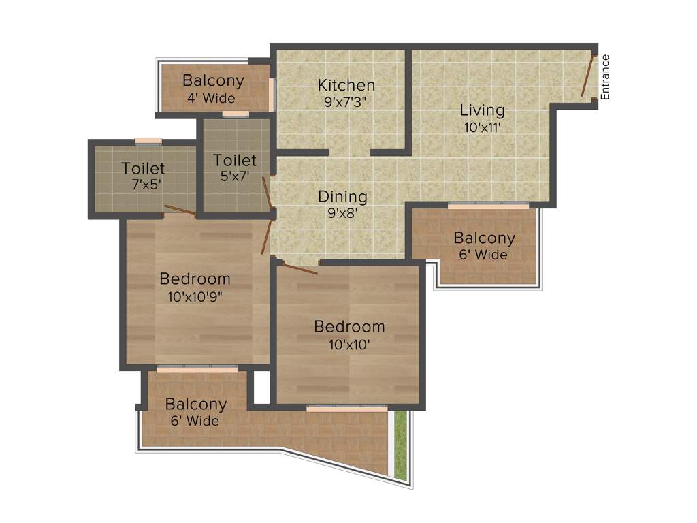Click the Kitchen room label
tap(346, 85)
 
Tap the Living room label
tap(482, 110)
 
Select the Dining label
tap(342, 197)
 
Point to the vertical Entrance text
tap(605, 77)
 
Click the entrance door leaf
tap(588, 76)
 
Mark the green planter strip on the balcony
tap(401, 444)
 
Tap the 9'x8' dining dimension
tap(342, 213)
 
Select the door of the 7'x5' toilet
tap(180, 210)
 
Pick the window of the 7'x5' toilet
tap(148, 142)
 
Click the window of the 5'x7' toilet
tap(236, 114)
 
